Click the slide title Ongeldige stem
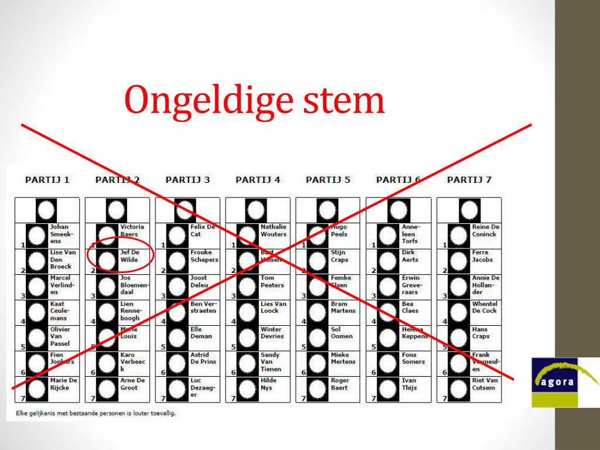point(254,100)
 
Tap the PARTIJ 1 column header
point(47,180)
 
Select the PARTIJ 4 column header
point(258,180)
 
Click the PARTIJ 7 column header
point(469,180)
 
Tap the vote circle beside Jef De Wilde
point(107,260)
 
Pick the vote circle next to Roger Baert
point(318,388)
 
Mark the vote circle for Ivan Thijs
point(388,388)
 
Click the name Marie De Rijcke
point(63,384)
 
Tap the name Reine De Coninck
point(485,230)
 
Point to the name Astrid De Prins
point(203,358)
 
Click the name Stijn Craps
point(339,256)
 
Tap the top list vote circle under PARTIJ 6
point(398,210)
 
